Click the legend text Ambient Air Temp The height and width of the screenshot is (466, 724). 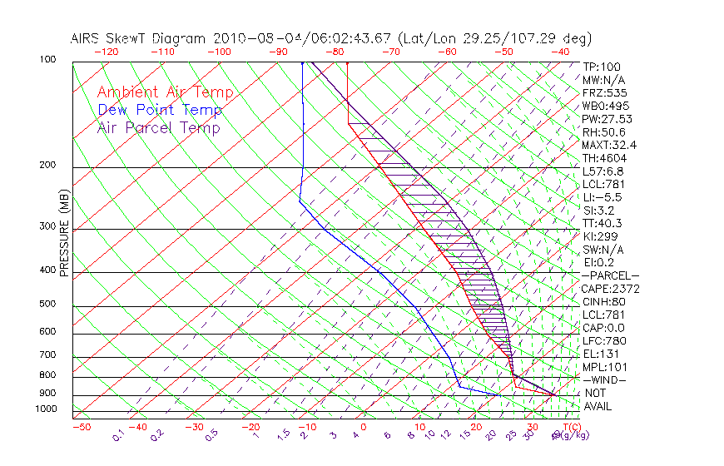[165, 93]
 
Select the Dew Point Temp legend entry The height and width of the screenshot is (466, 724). [160, 111]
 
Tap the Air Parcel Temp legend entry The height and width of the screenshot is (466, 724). [159, 128]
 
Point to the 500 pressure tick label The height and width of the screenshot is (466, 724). [48, 305]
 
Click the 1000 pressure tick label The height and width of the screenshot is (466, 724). [46, 409]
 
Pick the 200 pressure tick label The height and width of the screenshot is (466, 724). [48, 166]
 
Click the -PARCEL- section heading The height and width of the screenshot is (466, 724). [610, 275]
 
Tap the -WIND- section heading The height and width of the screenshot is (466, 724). [605, 379]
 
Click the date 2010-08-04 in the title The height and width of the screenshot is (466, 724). [253, 38]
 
